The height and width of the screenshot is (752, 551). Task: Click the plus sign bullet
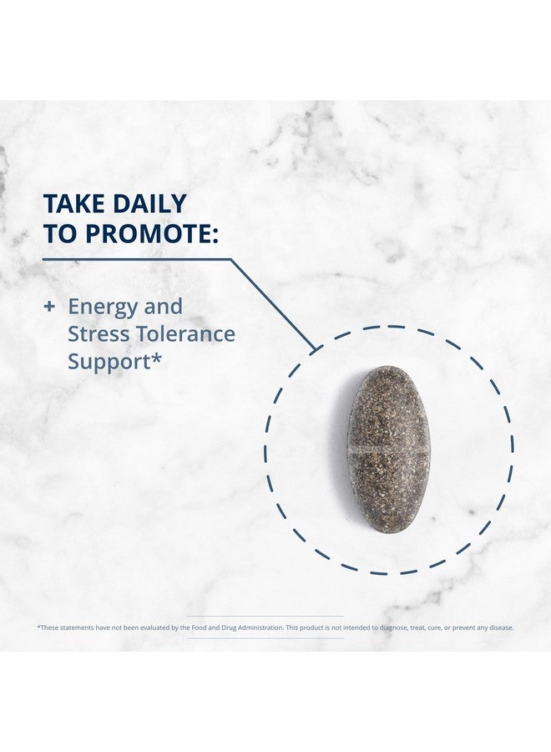(49, 307)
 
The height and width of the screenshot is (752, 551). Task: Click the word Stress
(99, 333)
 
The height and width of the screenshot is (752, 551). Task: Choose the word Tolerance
(185, 333)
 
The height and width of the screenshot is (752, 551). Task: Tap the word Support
(109, 363)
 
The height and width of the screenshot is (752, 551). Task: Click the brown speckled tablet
(388, 449)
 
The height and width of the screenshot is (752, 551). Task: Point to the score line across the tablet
(388, 451)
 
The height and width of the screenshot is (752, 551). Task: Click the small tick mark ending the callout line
(316, 348)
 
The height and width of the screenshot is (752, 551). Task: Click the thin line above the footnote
(265, 617)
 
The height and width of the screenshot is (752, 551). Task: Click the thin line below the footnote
(265, 638)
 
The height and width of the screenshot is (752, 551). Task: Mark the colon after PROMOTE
(214, 236)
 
